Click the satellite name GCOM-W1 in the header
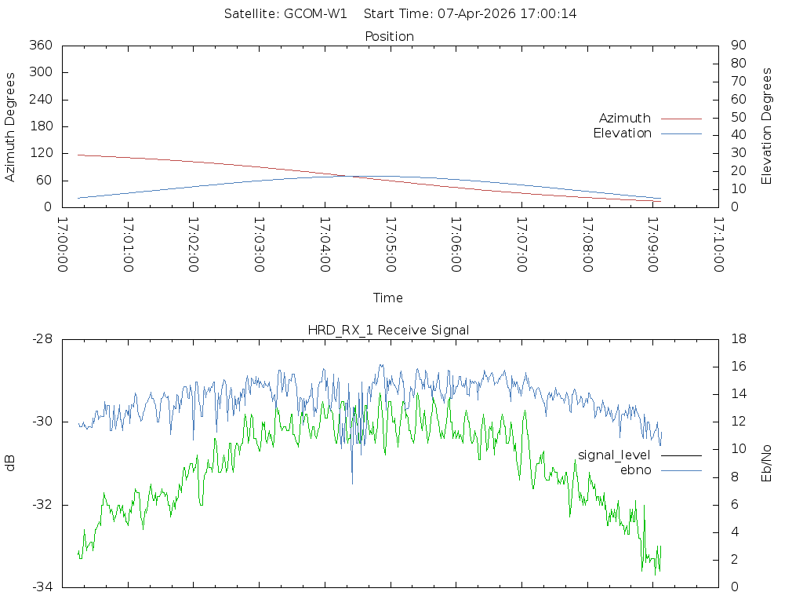[318, 13]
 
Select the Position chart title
[390, 36]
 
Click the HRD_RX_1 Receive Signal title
[388, 330]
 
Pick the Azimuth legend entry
[625, 119]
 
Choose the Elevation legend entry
[623, 133]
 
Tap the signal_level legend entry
[614, 455]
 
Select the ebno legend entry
[636, 470]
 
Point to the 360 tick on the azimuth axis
[41, 46]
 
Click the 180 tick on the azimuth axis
[41, 126]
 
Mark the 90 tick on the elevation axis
[737, 46]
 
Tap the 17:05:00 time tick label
[391, 245]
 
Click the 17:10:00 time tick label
[718, 245]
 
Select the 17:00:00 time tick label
[64, 245]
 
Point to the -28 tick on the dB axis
[42, 339]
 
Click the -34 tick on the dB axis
[42, 587]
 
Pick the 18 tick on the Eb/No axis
[737, 339]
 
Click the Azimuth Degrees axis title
[10, 126]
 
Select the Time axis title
[388, 298]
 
